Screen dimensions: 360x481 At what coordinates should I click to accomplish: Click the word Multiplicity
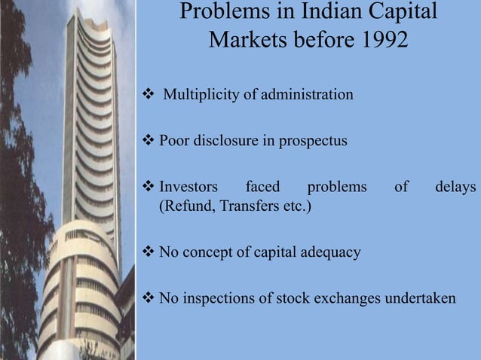point(198,96)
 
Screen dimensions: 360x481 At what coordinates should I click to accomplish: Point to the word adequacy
point(329,252)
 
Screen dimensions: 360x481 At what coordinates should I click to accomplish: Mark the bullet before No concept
point(149,252)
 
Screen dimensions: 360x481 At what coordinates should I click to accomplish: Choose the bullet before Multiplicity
point(149,96)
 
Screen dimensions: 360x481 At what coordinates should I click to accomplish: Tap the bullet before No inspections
point(149,299)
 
